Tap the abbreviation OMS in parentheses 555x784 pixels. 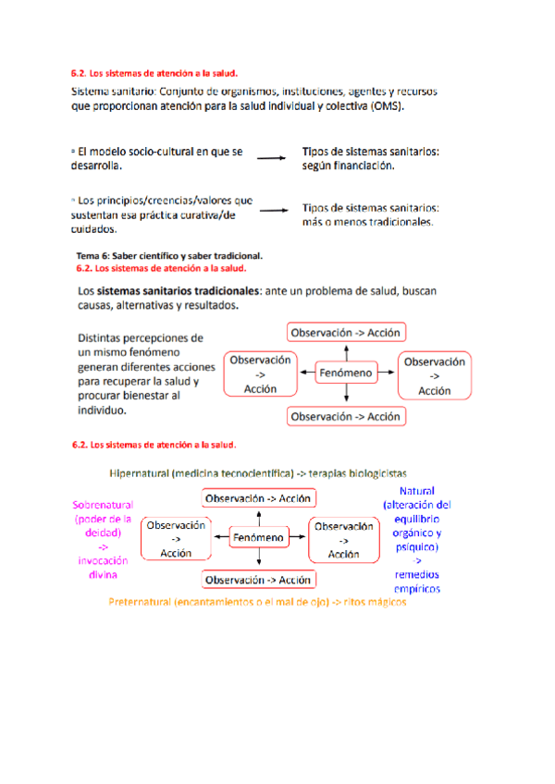tap(388, 107)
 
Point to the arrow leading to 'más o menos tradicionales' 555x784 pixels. tap(274, 210)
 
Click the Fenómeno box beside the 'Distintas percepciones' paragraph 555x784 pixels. tap(346, 374)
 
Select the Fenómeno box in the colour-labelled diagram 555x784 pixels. tap(259, 537)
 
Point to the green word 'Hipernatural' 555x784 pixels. tap(138, 472)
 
